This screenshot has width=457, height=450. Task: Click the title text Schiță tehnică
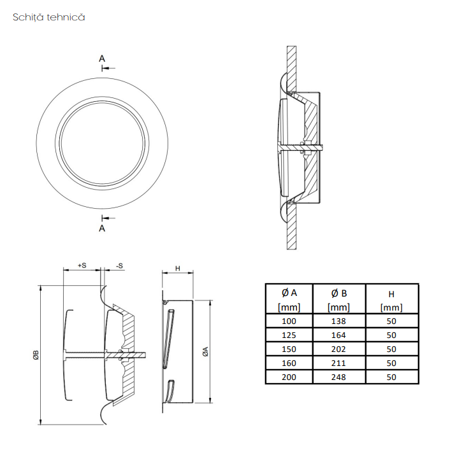click(x=49, y=17)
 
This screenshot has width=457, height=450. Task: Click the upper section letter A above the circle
click(x=102, y=59)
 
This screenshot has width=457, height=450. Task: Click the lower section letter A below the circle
click(x=102, y=229)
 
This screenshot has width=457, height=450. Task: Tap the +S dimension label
click(x=82, y=265)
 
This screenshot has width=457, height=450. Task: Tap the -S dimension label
click(x=119, y=266)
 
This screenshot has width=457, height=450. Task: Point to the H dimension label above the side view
click(x=177, y=269)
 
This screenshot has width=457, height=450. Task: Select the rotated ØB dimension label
click(x=36, y=355)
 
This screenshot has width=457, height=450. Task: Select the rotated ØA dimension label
click(x=205, y=351)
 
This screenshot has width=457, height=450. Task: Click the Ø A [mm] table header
click(x=289, y=299)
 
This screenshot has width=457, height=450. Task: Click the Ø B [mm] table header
click(x=339, y=299)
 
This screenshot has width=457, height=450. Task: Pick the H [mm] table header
click(x=391, y=299)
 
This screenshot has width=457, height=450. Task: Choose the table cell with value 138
click(x=339, y=321)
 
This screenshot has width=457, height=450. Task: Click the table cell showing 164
click(x=339, y=335)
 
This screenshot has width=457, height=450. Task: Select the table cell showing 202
click(x=339, y=349)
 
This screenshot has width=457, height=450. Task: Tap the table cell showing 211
click(x=339, y=363)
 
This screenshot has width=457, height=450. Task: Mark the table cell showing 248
click(x=339, y=377)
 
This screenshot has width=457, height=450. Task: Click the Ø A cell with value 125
click(x=289, y=335)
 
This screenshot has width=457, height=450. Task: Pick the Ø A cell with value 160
click(x=289, y=363)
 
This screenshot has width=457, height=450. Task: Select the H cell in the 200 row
click(x=391, y=377)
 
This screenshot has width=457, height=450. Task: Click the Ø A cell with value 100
click(x=289, y=321)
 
